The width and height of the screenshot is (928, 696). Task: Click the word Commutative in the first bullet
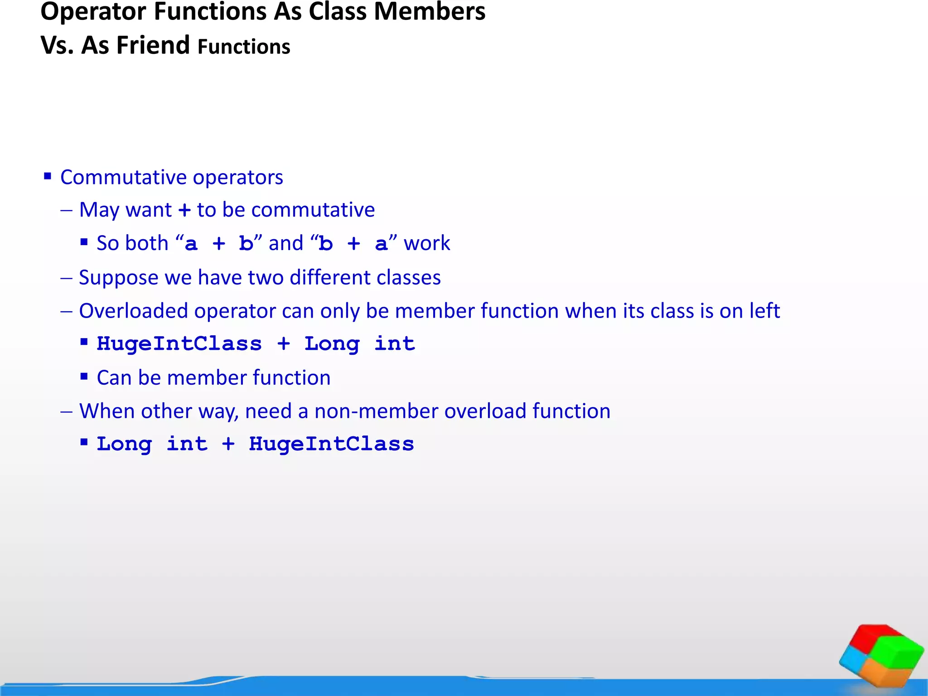[x=117, y=177]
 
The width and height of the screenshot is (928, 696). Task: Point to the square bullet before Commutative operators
[x=48, y=176]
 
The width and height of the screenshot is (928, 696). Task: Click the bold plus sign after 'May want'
[x=184, y=210]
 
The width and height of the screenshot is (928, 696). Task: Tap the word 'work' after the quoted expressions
[x=427, y=243]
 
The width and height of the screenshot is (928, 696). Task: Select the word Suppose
[x=119, y=278]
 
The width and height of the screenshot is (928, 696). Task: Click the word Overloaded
[x=133, y=311]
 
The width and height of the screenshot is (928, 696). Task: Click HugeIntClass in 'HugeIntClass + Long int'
[x=179, y=344]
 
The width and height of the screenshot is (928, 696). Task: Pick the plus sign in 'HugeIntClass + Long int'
[x=284, y=344]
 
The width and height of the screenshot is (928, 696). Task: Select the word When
[x=106, y=411]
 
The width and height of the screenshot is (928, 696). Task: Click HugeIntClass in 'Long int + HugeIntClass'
[x=331, y=444]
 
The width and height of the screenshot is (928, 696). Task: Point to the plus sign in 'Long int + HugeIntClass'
[x=228, y=444]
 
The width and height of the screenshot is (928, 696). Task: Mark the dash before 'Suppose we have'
[x=66, y=278]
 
